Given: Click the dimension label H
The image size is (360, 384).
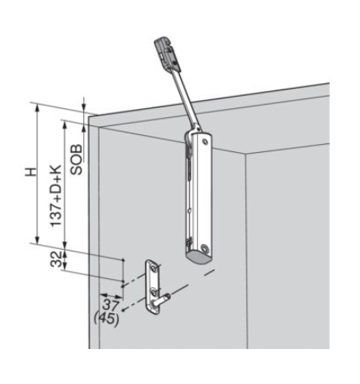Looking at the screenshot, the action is [x=31, y=172].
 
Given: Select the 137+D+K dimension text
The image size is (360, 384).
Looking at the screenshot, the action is [x=56, y=196].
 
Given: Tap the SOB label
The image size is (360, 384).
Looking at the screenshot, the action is [x=77, y=159].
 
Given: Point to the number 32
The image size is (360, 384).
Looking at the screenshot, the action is [x=56, y=260].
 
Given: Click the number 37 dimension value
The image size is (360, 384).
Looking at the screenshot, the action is [x=111, y=305].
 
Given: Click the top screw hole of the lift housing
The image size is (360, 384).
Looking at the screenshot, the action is [x=205, y=141].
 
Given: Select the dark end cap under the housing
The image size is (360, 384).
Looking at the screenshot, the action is [x=200, y=257].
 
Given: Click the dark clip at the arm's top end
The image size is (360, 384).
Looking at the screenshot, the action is [x=165, y=53].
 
